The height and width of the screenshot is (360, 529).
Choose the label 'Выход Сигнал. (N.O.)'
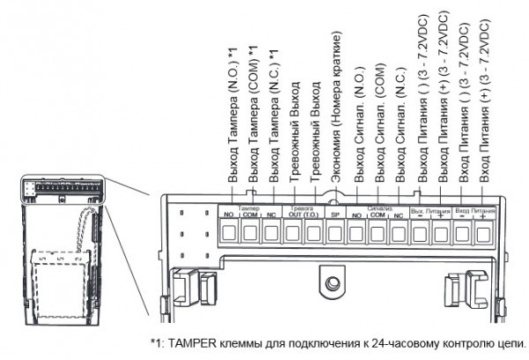357,124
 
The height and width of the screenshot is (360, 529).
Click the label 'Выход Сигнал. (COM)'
378,124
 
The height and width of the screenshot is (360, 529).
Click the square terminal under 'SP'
335,233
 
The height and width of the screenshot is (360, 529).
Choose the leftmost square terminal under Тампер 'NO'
228,233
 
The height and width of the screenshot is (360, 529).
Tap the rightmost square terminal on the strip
484,233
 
